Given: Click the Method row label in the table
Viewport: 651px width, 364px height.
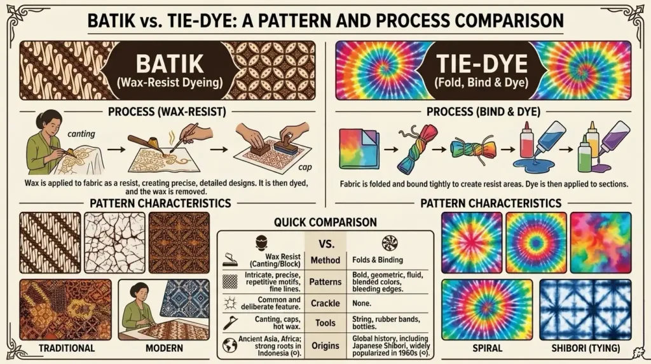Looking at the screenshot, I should [325, 260].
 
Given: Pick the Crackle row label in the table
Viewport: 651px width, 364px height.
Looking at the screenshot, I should [325, 303].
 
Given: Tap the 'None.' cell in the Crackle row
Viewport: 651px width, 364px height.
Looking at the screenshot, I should [362, 303].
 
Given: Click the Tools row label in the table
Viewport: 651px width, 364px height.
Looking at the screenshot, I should [325, 323].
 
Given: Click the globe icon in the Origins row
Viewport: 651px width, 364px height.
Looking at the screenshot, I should [230, 344].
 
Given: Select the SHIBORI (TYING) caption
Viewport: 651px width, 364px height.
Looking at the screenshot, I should [585, 348].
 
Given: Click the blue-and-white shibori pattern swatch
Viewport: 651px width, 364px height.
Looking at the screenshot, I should [585, 309].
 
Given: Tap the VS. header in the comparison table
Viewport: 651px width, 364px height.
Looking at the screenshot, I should [325, 242].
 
